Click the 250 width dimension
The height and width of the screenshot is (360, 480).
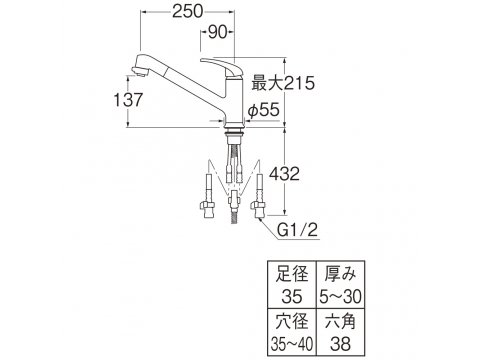tap(187, 11)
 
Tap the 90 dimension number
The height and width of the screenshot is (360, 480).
tap(217, 32)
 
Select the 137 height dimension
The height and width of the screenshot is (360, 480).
tap(128, 100)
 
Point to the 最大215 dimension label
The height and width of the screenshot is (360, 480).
tap(283, 83)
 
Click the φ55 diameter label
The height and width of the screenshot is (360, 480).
tap(263, 110)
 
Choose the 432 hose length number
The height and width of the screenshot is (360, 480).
tap(284, 174)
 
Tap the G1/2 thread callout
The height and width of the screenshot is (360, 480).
tap(298, 230)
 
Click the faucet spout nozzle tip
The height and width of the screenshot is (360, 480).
tap(139, 72)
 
